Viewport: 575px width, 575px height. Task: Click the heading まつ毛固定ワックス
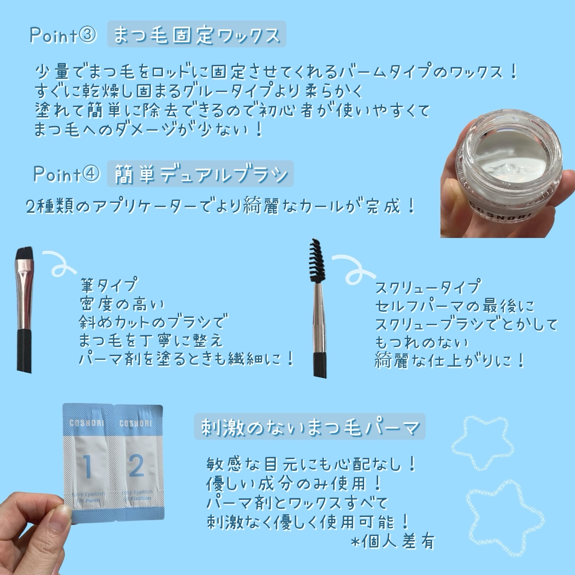click(x=196, y=35)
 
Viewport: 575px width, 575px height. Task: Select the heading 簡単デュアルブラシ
click(x=200, y=174)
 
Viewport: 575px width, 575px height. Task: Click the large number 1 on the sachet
click(x=88, y=466)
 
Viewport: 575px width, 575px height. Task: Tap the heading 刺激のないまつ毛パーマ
click(x=309, y=428)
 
